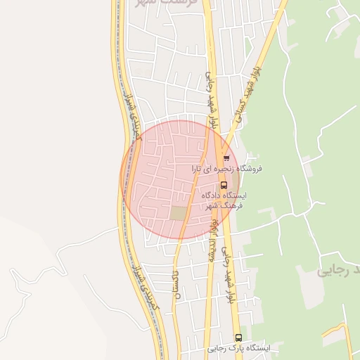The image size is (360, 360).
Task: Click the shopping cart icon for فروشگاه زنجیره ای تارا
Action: (226, 157)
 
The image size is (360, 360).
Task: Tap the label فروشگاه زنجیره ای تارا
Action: (227, 169)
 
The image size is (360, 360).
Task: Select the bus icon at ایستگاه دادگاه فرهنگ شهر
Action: (224, 185)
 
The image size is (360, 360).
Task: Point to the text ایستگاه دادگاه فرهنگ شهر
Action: (223, 200)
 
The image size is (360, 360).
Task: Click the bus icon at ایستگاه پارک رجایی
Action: (238, 337)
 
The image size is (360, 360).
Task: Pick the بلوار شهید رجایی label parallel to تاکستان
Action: (228, 274)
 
